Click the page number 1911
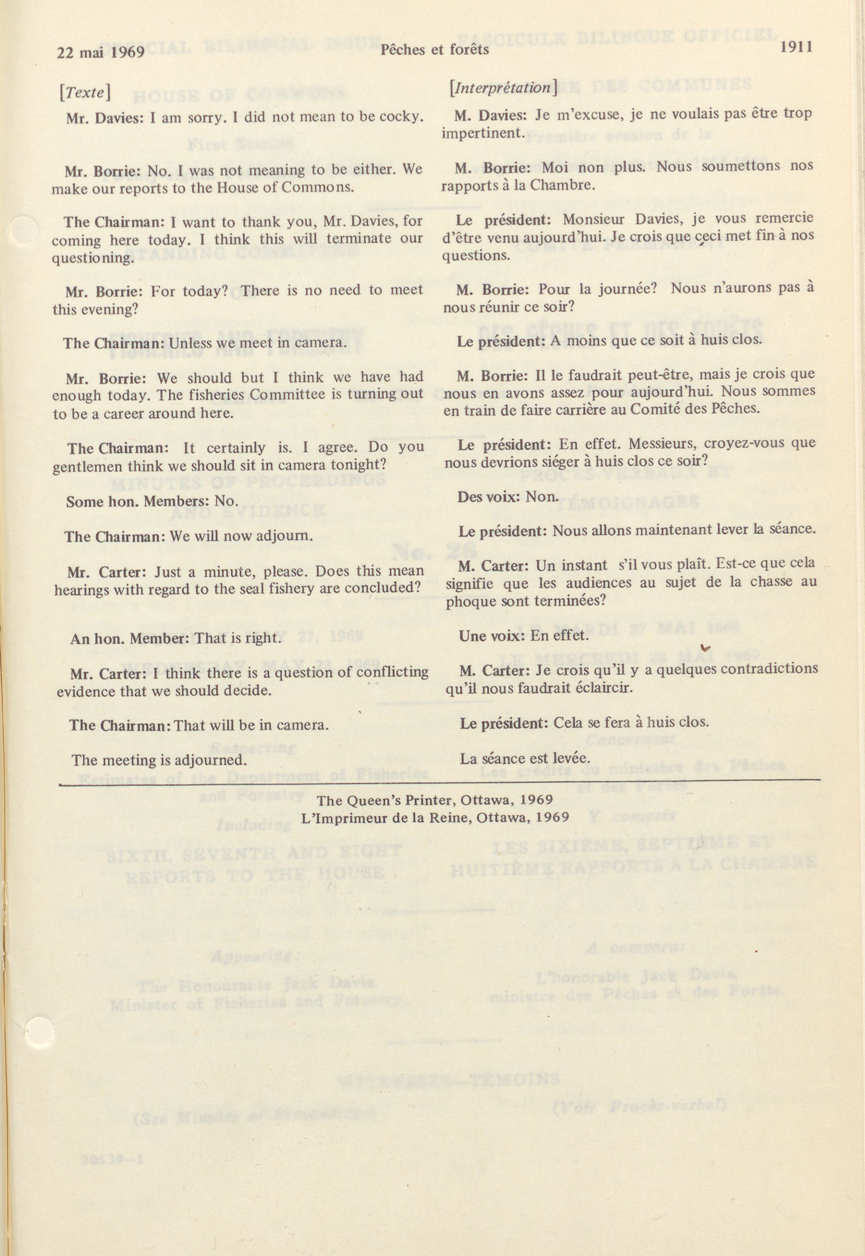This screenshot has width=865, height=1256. tap(796, 47)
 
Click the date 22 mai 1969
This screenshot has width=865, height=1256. tap(101, 52)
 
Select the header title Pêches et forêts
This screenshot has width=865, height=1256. tap(434, 50)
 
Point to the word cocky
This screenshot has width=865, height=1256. tap(402, 116)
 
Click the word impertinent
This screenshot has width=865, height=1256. tap(482, 133)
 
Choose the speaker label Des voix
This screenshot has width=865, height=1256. tap(487, 497)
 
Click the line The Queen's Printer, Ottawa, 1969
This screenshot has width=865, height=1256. tap(435, 800)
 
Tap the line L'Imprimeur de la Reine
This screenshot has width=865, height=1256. tap(435, 817)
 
